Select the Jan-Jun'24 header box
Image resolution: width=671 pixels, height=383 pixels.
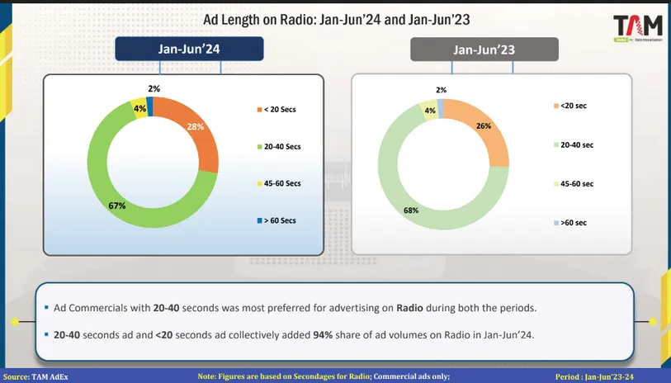click(x=189, y=50)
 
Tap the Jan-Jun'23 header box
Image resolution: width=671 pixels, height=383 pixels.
click(x=484, y=50)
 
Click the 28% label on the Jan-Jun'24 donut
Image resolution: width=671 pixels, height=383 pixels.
click(x=195, y=126)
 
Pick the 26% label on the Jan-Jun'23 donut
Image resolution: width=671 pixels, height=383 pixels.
click(x=484, y=126)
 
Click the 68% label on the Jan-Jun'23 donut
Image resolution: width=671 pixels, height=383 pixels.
click(x=410, y=210)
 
